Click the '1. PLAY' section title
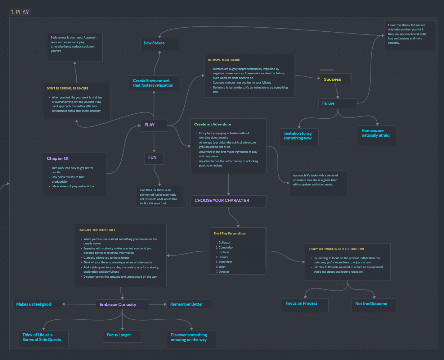tap(20, 12)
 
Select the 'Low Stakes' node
tap(159, 44)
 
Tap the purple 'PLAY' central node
tap(154, 125)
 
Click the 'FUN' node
tap(154, 158)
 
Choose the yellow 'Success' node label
tap(333, 79)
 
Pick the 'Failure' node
tap(338, 103)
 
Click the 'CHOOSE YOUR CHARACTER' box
tap(228, 201)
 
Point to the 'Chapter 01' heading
tap(57, 158)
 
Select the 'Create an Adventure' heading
tap(213, 124)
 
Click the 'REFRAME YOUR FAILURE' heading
tap(224, 60)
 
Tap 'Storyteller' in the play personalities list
tap(225, 262)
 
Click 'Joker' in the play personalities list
tap(222, 267)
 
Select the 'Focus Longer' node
tap(122, 336)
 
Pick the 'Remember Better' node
tap(188, 304)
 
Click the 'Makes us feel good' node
tap(37, 304)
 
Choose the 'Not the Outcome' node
tap(374, 305)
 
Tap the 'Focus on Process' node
tap(305, 305)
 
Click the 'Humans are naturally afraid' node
tap(377, 136)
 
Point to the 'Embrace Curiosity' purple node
tap(122, 304)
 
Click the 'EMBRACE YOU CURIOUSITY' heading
tap(97, 230)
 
